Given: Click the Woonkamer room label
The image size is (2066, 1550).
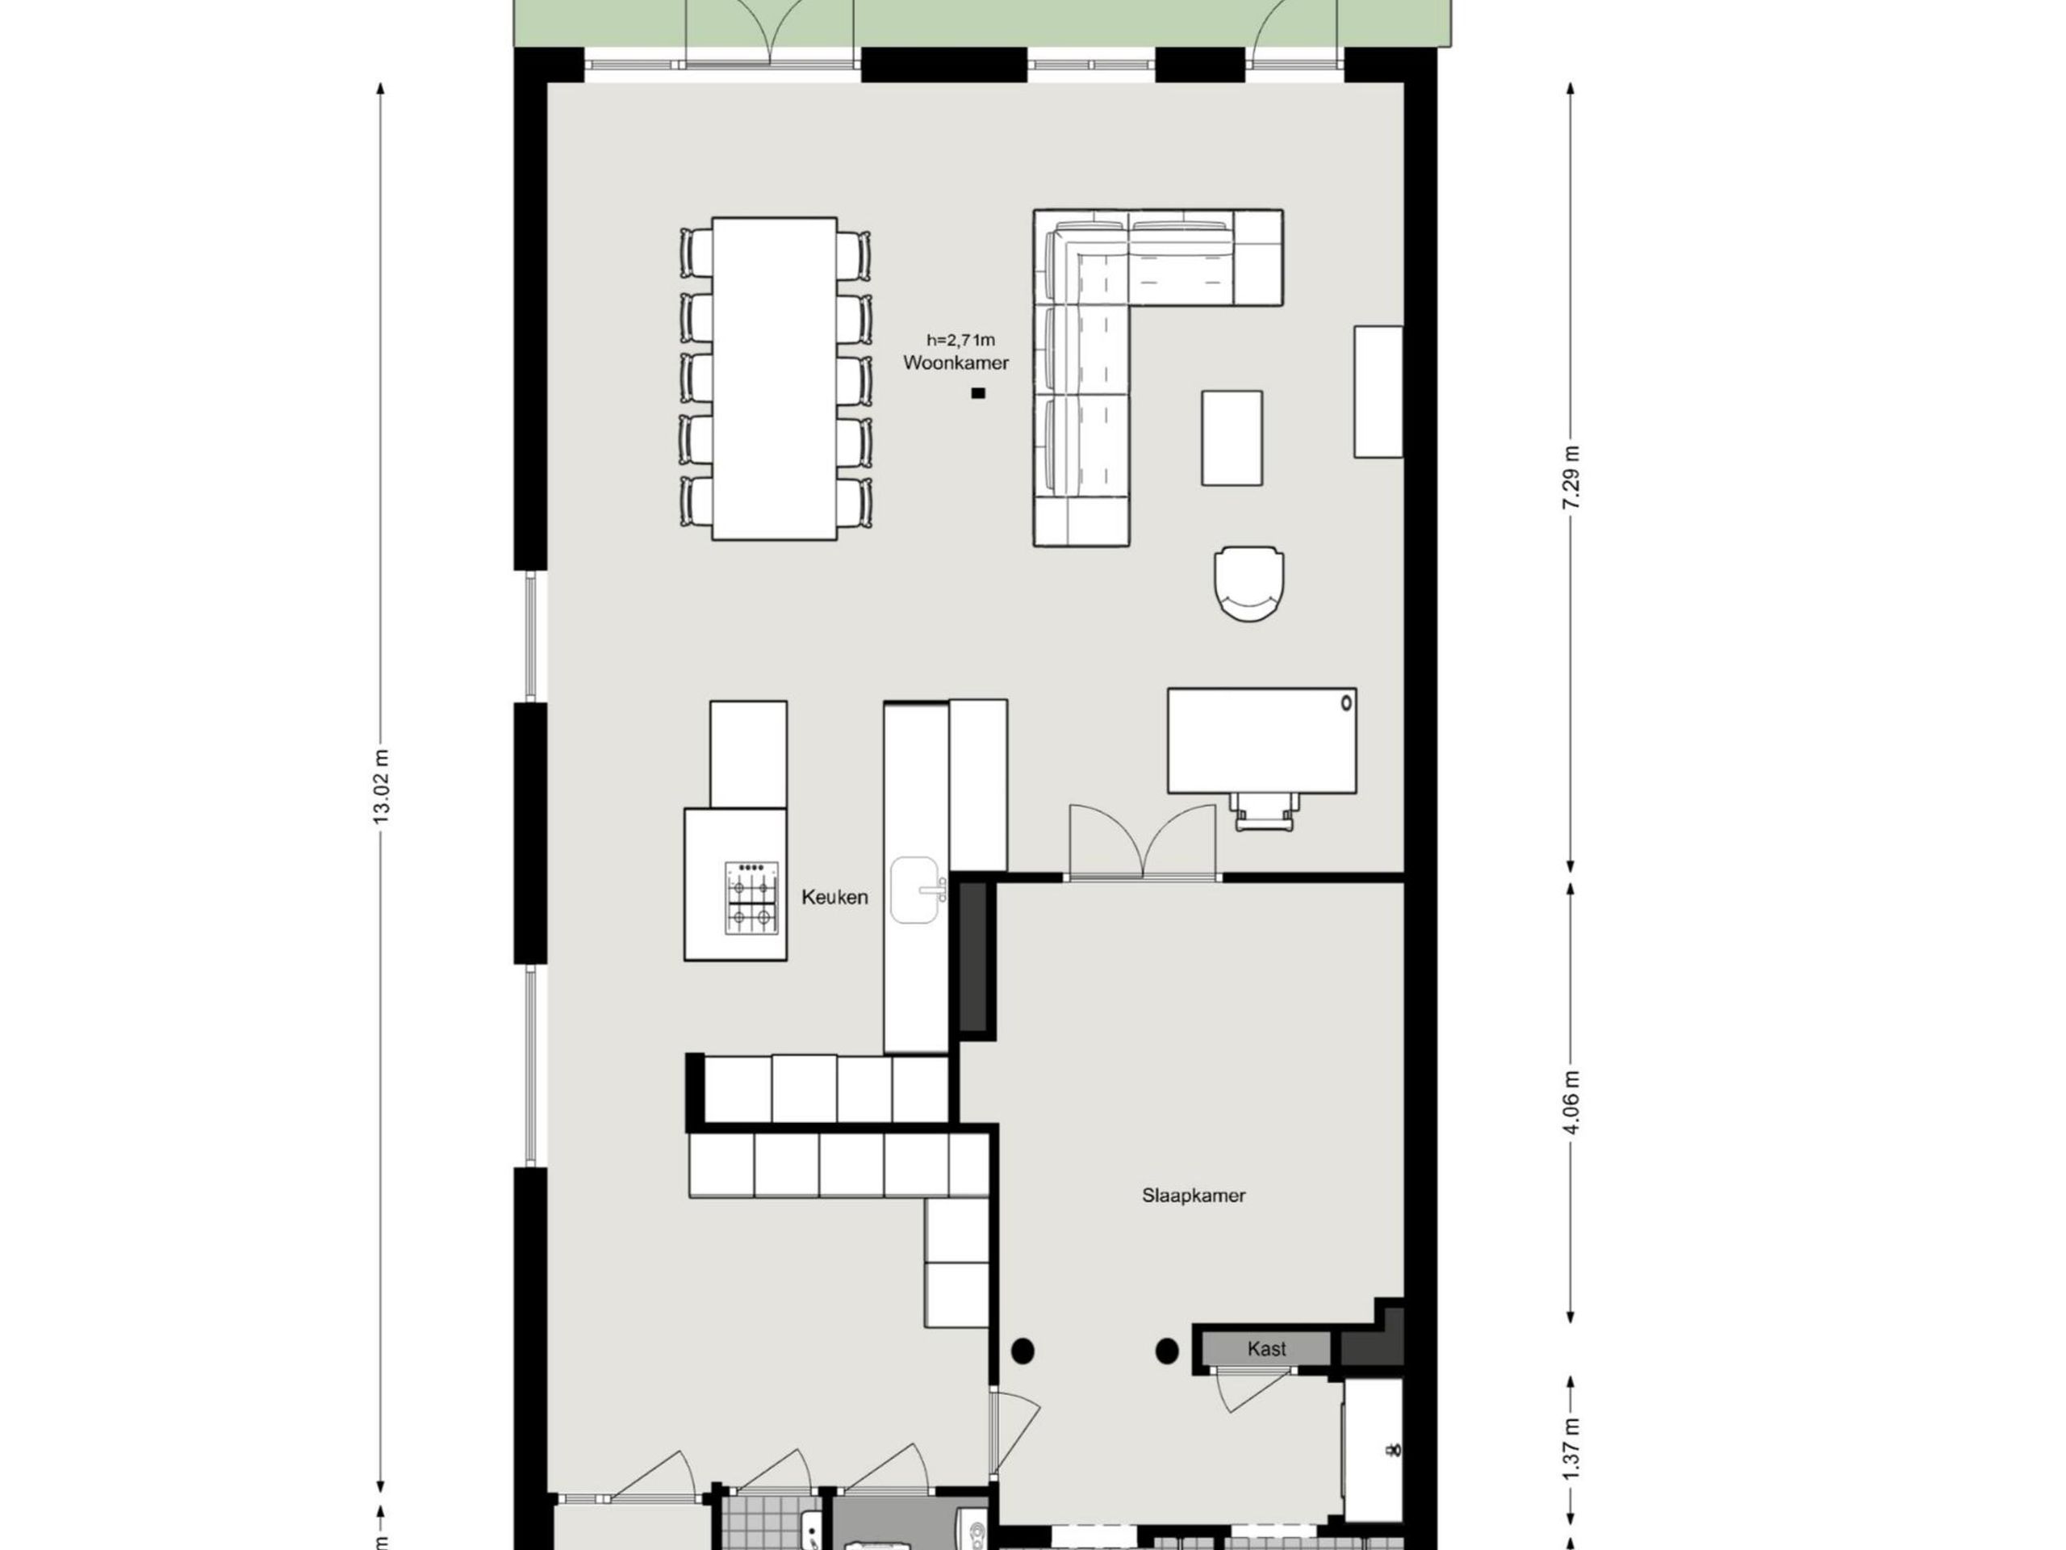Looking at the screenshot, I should pos(956,363).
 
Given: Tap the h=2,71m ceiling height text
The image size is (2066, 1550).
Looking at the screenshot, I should pos(960,340).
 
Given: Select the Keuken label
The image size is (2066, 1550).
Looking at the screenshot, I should pos(834,897).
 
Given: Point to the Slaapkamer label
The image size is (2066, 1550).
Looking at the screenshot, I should pos(1193,1195).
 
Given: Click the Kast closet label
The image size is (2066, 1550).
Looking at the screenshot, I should pos(1265,1349).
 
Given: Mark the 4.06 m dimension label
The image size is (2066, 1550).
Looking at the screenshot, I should pos(1571,1103).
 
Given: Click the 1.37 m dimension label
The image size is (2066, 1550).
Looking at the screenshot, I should pos(1571,1449).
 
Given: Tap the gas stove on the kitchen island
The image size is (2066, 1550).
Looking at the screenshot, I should pos(751,898).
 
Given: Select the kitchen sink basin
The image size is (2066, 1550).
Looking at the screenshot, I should pos(914,890).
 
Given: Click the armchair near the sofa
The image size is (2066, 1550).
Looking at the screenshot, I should pos(1248,583).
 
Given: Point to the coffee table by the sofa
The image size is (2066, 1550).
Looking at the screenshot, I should pos(1231,438).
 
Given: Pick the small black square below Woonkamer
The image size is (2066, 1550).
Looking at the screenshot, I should pos(978,393).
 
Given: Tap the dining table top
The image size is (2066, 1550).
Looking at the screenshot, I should pos(773,379).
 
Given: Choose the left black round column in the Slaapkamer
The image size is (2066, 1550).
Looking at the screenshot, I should pos(1023,1351).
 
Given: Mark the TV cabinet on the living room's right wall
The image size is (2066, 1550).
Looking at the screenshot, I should pos(1378,392).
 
